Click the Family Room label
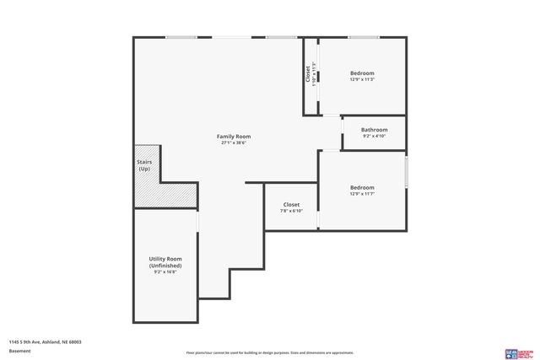[233, 137]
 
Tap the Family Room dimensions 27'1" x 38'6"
[233, 143]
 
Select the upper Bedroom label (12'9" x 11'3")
[362, 73]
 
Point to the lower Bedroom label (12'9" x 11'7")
[362, 187]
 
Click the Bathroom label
[374, 130]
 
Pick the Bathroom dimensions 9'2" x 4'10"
[374, 137]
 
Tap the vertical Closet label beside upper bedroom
[308, 74]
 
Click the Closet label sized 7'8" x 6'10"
[291, 204]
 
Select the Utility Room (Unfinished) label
[165, 262]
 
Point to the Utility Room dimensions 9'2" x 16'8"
[165, 272]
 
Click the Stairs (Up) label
[144, 165]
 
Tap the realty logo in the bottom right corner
[516, 352]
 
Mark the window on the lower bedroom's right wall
[406, 172]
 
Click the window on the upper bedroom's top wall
[363, 37]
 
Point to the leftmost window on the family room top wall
[181, 37]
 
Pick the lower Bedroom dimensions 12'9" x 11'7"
[362, 194]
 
